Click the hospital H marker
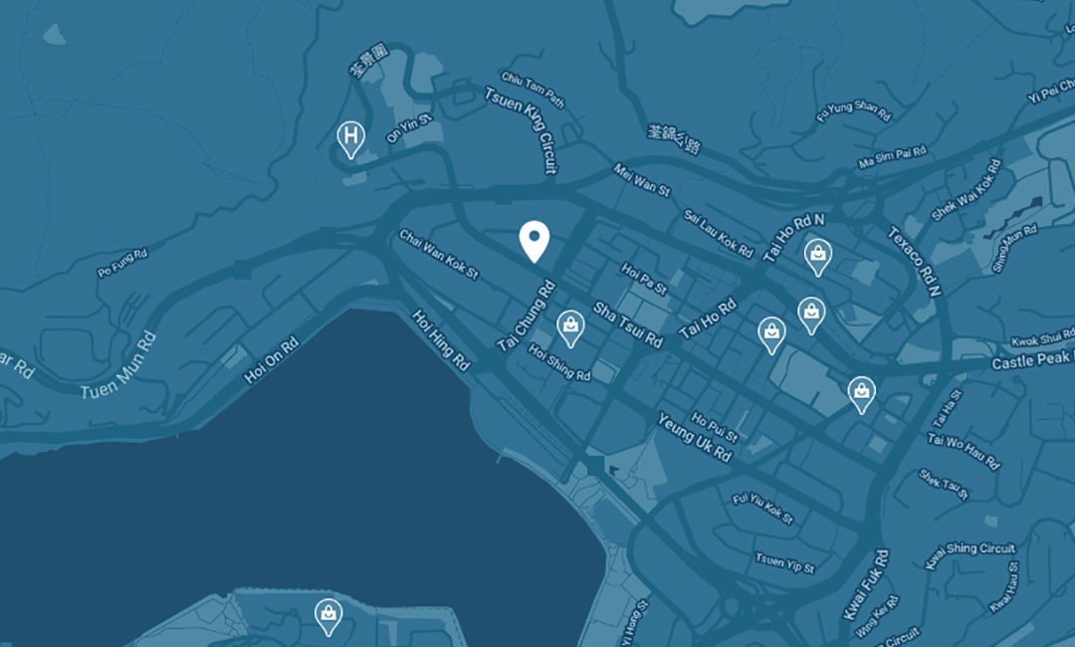coord(350,136)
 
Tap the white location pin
coord(535,239)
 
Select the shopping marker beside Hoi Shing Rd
coord(569,325)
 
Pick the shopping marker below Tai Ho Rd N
coord(816,256)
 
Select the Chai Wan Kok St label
coord(439,254)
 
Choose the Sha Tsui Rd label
coord(627,325)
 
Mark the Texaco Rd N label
coord(913,261)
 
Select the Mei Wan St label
coord(643,180)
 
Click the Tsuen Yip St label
coord(784,562)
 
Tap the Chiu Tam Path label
coord(534,90)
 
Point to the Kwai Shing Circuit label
coord(969,554)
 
